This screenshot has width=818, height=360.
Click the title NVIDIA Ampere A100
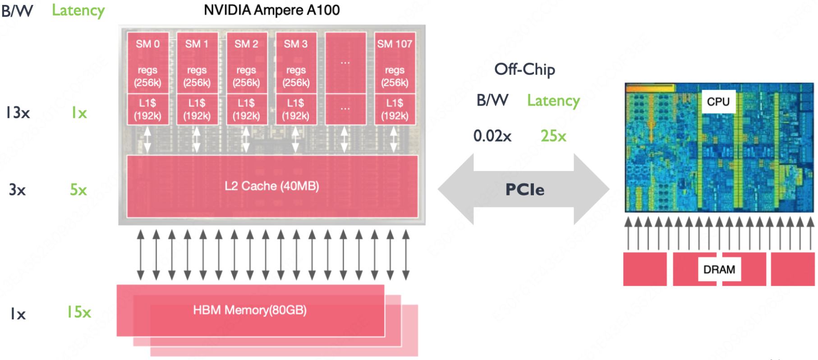click(x=271, y=10)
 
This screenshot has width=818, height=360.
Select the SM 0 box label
click(x=147, y=44)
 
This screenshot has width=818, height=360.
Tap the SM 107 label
click(x=395, y=44)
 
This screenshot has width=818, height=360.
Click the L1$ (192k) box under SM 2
click(x=246, y=110)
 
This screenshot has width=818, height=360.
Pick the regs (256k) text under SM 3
click(x=296, y=76)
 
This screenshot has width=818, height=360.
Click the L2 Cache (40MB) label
click(x=272, y=186)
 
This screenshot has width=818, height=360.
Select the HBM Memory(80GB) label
click(x=250, y=310)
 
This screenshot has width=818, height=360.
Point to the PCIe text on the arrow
click(x=524, y=189)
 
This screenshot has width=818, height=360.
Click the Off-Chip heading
click(x=524, y=69)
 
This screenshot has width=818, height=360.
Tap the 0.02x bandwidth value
click(x=492, y=136)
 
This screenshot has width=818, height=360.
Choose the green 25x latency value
click(x=553, y=136)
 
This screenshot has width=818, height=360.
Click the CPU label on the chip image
click(x=718, y=102)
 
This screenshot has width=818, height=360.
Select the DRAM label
click(x=719, y=269)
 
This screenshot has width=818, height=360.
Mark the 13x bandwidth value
click(x=18, y=113)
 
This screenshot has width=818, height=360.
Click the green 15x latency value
click(x=79, y=312)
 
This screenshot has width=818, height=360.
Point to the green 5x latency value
click(x=78, y=190)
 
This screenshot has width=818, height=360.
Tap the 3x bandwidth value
click(x=17, y=190)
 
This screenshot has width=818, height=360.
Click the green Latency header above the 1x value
click(x=78, y=10)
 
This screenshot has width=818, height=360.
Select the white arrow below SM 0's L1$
click(x=147, y=139)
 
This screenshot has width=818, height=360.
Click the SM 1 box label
click(x=197, y=44)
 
